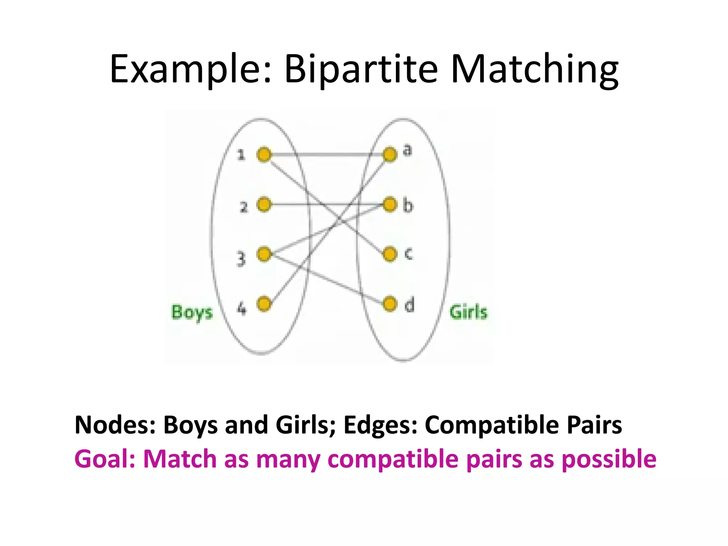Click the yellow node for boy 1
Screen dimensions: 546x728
[264, 155]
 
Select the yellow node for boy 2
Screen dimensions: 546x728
[264, 204]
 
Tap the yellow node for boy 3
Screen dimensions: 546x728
[264, 254]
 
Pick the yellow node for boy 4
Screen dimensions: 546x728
[264, 304]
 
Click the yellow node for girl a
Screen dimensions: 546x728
[390, 155]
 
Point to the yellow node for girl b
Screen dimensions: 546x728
[390, 204]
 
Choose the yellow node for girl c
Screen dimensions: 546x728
[390, 254]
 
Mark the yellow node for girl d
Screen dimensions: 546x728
[390, 304]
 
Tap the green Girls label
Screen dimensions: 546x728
[469, 312]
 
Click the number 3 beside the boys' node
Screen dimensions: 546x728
[241, 259]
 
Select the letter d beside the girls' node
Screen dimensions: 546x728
[409, 305]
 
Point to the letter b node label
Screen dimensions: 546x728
[408, 205]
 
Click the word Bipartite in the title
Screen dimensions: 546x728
[361, 69]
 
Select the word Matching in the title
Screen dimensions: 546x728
[535, 69]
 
